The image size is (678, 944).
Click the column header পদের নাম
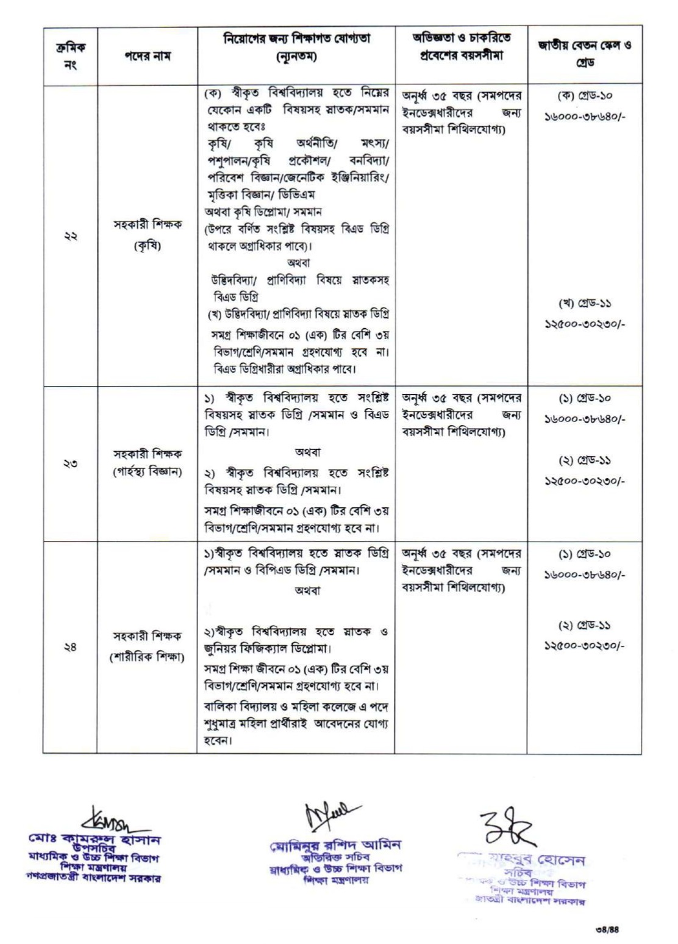click(146, 56)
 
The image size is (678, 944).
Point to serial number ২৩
click(70, 463)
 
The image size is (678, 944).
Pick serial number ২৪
click(70, 647)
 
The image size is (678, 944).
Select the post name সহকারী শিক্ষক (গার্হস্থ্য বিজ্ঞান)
click(147, 463)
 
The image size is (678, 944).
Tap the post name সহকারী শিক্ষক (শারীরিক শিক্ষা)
click(147, 647)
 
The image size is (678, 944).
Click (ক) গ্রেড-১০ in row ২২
click(584, 97)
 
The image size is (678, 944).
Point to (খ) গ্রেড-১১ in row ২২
click(584, 303)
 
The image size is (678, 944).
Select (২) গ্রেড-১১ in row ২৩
click(584, 460)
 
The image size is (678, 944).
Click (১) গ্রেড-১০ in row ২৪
click(584, 554)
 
